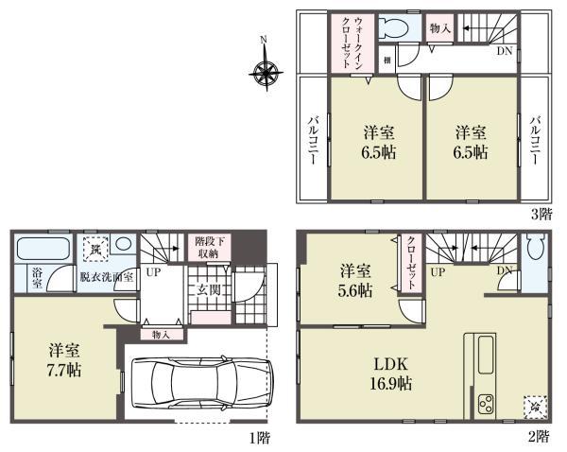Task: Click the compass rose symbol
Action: tap(266, 70)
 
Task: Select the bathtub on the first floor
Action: tap(44, 252)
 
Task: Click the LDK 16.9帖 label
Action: tap(390, 374)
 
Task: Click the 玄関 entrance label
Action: tap(209, 290)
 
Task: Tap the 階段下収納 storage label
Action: tap(209, 247)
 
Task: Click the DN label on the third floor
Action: tap(506, 50)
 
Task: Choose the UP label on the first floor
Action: tap(152, 272)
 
